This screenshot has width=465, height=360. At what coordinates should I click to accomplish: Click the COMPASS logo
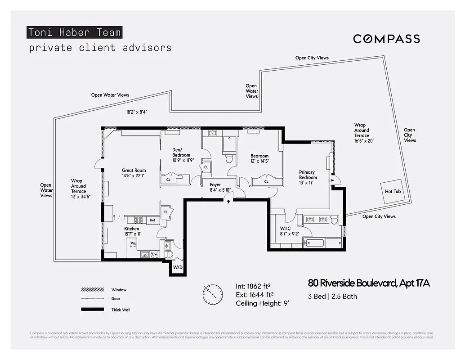point(386,39)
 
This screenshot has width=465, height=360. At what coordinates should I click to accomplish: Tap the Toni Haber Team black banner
point(74,32)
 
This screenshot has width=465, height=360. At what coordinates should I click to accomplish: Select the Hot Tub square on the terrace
point(392,191)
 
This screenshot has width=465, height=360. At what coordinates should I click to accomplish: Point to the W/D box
point(179,267)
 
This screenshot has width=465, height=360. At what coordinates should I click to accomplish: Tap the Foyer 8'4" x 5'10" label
point(215,187)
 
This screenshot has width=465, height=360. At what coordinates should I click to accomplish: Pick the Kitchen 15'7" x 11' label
point(132,231)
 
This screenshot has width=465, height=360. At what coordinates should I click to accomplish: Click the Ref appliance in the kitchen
point(152,220)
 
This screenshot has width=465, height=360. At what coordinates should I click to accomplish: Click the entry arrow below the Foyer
point(228,201)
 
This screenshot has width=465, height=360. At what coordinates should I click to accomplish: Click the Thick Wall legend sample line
point(92,310)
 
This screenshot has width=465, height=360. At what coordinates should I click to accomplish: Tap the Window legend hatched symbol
point(92,290)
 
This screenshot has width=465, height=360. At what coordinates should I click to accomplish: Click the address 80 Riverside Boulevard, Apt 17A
point(369,283)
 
